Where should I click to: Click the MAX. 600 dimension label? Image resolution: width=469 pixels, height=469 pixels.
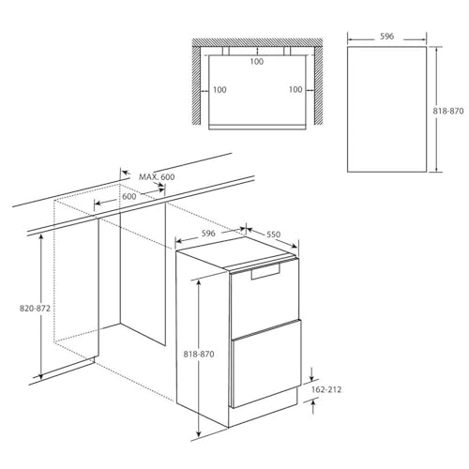[x=157, y=177]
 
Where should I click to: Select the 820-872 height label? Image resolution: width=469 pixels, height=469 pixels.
[x=35, y=309]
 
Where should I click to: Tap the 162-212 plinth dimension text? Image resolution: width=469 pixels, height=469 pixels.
[x=326, y=389]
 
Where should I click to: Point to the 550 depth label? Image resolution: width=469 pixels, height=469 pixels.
[x=274, y=234]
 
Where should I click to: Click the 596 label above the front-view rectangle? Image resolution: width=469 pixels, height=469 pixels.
[x=386, y=37]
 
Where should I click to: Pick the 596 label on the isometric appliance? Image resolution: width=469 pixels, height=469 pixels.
[x=208, y=234]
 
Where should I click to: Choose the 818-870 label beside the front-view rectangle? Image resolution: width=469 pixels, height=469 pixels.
[x=448, y=111]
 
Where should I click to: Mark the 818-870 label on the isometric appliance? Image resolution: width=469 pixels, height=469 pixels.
[x=199, y=355]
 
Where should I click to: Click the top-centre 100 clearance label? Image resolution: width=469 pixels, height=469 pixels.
[x=257, y=62]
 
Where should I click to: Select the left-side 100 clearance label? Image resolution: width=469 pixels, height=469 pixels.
[x=219, y=90]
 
